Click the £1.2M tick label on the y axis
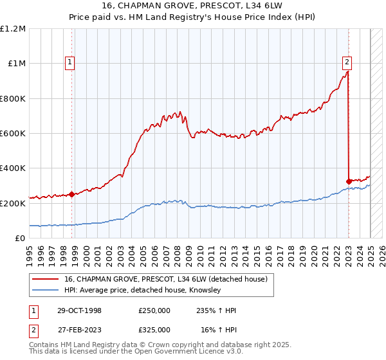pyautogui.click(x=13, y=29)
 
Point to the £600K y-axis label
pyautogui.click(x=13, y=134)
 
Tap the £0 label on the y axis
pyautogui.click(x=19, y=239)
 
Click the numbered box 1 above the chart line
pyautogui.click(x=69, y=62)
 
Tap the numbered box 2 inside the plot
pyautogui.click(x=347, y=62)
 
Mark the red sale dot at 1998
pyautogui.click(x=71, y=195)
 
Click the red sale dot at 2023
pyautogui.click(x=349, y=181)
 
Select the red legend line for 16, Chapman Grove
pyautogui.click(x=46, y=279)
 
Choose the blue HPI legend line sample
pyautogui.click(x=46, y=291)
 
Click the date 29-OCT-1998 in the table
pyautogui.click(x=79, y=310)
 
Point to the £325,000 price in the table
pyautogui.click(x=154, y=329)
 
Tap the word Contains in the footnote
pyautogui.click(x=46, y=345)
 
